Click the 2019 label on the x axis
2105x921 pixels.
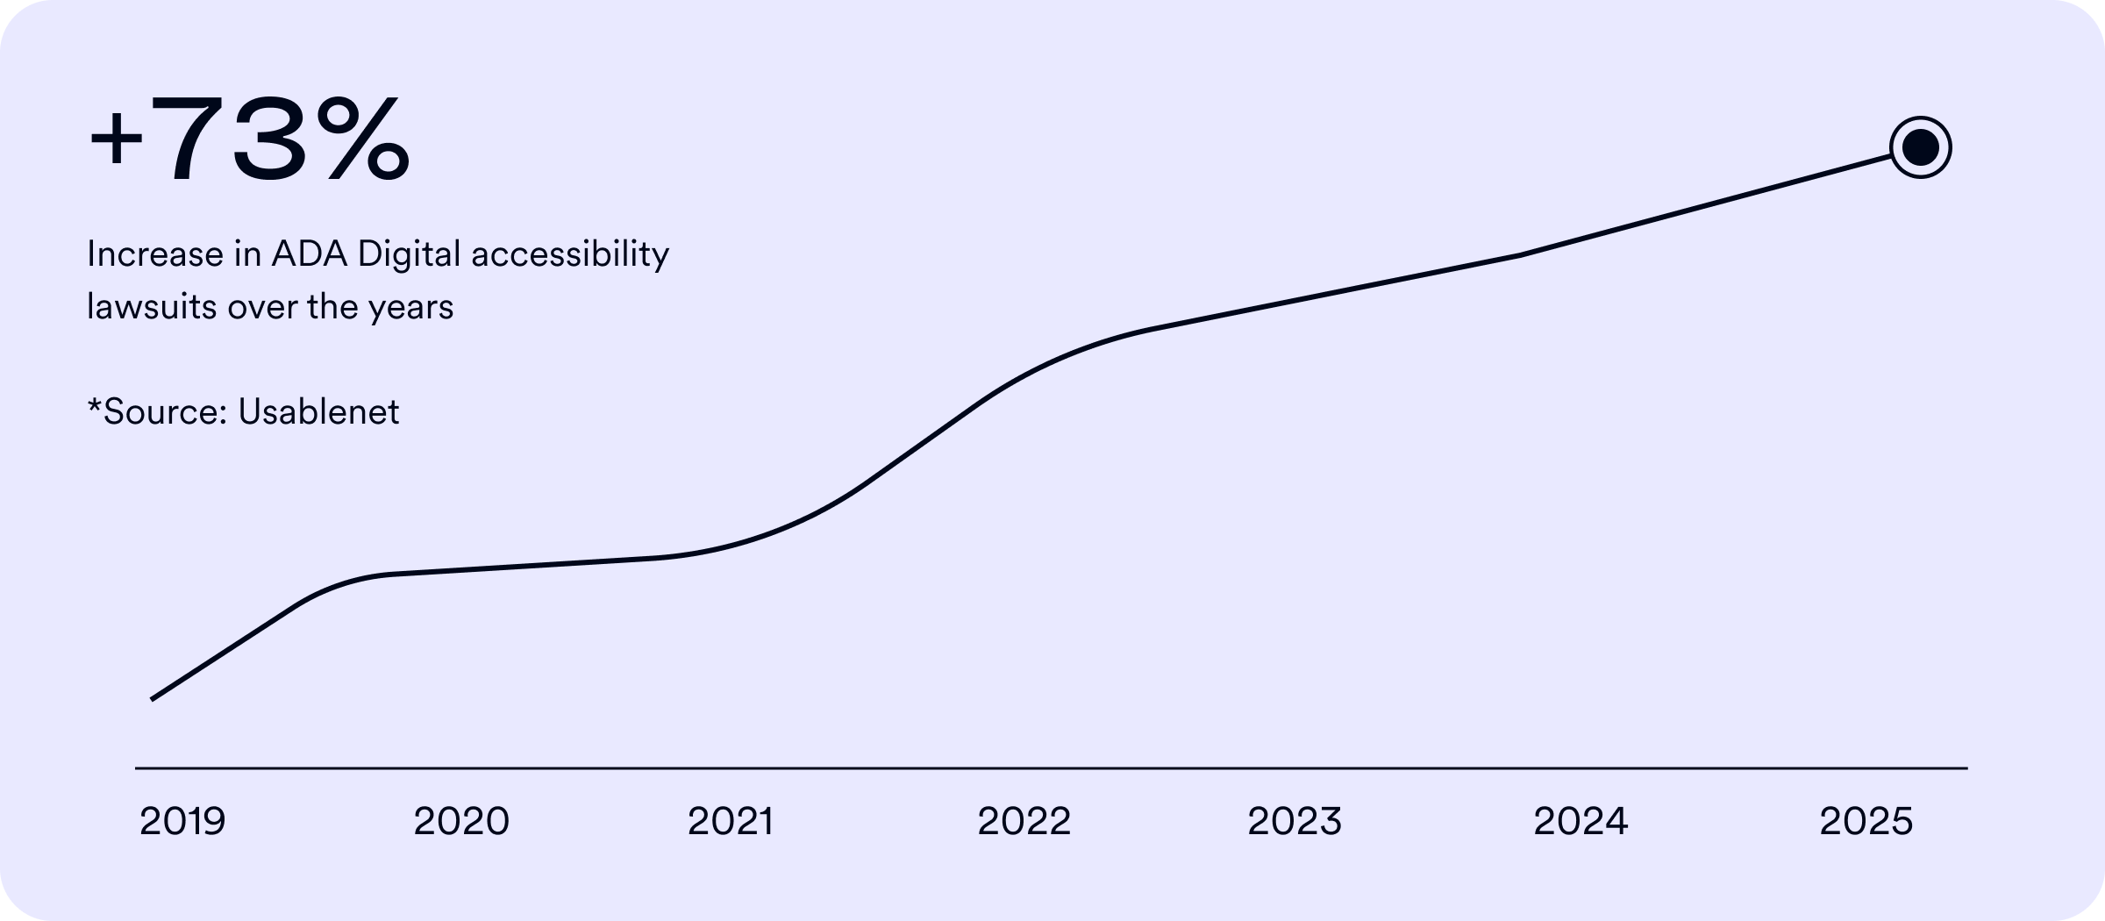[x=182, y=822]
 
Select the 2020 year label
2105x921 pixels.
[x=461, y=822]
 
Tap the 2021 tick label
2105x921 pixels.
[x=731, y=822]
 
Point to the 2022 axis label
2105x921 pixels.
[x=1024, y=822]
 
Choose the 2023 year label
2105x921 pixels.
[x=1295, y=822]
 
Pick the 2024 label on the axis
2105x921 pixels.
[x=1581, y=822]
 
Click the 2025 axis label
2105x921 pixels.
[x=1866, y=822]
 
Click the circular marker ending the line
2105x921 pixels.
[x=1920, y=147]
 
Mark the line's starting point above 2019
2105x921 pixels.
[x=153, y=699]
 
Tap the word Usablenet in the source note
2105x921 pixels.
[x=318, y=411]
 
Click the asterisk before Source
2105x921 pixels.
[x=94, y=405]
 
